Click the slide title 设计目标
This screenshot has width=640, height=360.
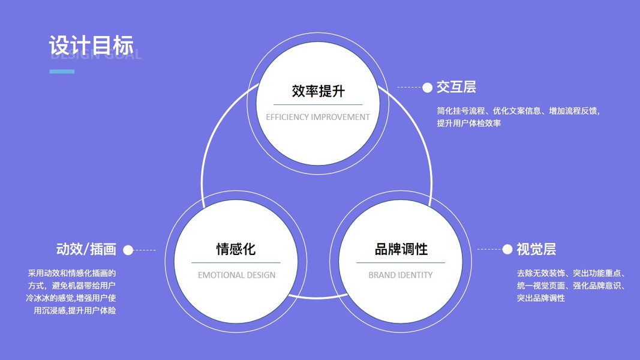(x=91, y=45)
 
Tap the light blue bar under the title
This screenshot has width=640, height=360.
(x=62, y=71)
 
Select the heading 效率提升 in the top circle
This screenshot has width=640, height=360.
(x=318, y=91)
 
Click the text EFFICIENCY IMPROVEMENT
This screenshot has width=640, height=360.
(x=318, y=117)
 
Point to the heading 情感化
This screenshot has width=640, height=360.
(x=236, y=249)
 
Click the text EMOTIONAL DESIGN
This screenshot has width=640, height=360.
(x=236, y=275)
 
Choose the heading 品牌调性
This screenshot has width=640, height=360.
(x=401, y=249)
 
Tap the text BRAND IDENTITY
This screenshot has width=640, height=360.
(x=400, y=275)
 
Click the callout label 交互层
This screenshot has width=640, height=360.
(x=456, y=87)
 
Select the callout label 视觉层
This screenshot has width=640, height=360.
(x=536, y=249)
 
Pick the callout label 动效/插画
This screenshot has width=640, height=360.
(x=86, y=249)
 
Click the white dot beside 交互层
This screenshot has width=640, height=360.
(x=427, y=88)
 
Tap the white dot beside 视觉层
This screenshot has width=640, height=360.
(x=507, y=249)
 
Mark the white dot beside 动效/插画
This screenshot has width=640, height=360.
(x=128, y=250)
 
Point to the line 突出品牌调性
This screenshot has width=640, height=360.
(x=540, y=298)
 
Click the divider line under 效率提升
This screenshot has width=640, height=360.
(x=318, y=104)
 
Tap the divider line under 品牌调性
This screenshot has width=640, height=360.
(x=401, y=262)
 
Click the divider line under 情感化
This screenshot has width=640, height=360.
(x=236, y=262)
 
